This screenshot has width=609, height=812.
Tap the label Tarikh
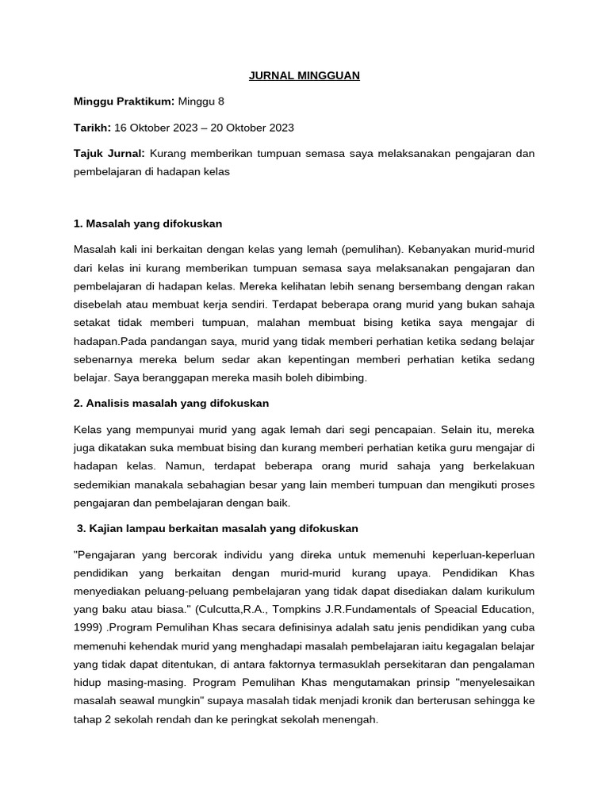click(92, 127)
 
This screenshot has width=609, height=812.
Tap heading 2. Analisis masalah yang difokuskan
click(171, 403)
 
